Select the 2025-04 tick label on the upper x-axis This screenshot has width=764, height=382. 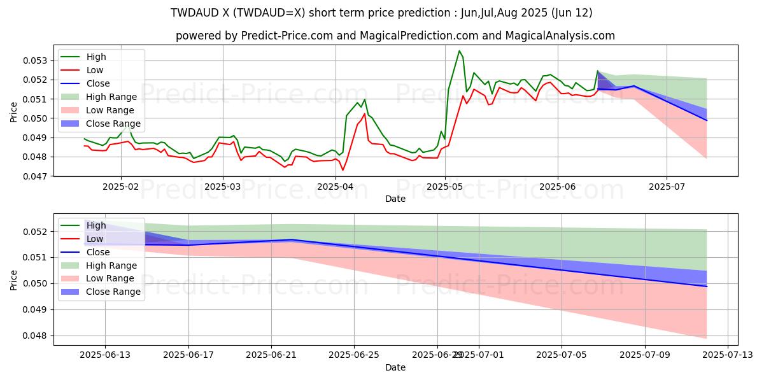click(335, 187)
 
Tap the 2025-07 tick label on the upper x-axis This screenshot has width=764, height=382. click(667, 187)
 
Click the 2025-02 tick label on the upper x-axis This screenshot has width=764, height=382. click(121, 187)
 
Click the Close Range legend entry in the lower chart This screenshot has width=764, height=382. click(109, 292)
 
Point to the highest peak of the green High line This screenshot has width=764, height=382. click(459, 51)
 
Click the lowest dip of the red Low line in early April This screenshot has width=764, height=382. click(343, 170)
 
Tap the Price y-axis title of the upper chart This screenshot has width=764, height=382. click(14, 111)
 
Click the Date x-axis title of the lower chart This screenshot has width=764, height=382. click(395, 367)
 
